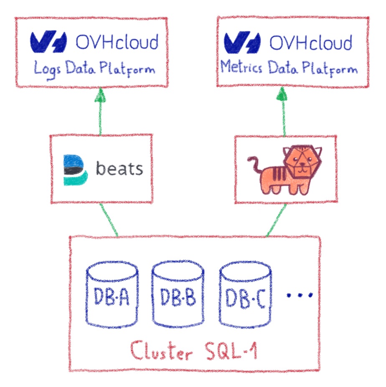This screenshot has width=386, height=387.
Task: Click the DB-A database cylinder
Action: click(x=112, y=294)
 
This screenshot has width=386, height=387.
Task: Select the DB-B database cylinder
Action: click(x=178, y=294)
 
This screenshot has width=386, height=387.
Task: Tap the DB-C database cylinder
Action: click(x=246, y=294)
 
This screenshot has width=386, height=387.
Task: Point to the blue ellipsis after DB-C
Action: click(x=299, y=295)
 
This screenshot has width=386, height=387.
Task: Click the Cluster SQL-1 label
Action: click(x=193, y=351)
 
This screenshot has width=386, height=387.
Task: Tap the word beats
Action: click(x=119, y=169)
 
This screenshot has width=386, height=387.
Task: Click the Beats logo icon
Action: click(x=75, y=169)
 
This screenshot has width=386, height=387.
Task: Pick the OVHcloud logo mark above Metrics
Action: click(x=242, y=42)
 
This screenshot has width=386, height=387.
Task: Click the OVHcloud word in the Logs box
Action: click(x=117, y=42)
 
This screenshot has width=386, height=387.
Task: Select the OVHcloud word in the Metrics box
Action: click(x=310, y=42)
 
